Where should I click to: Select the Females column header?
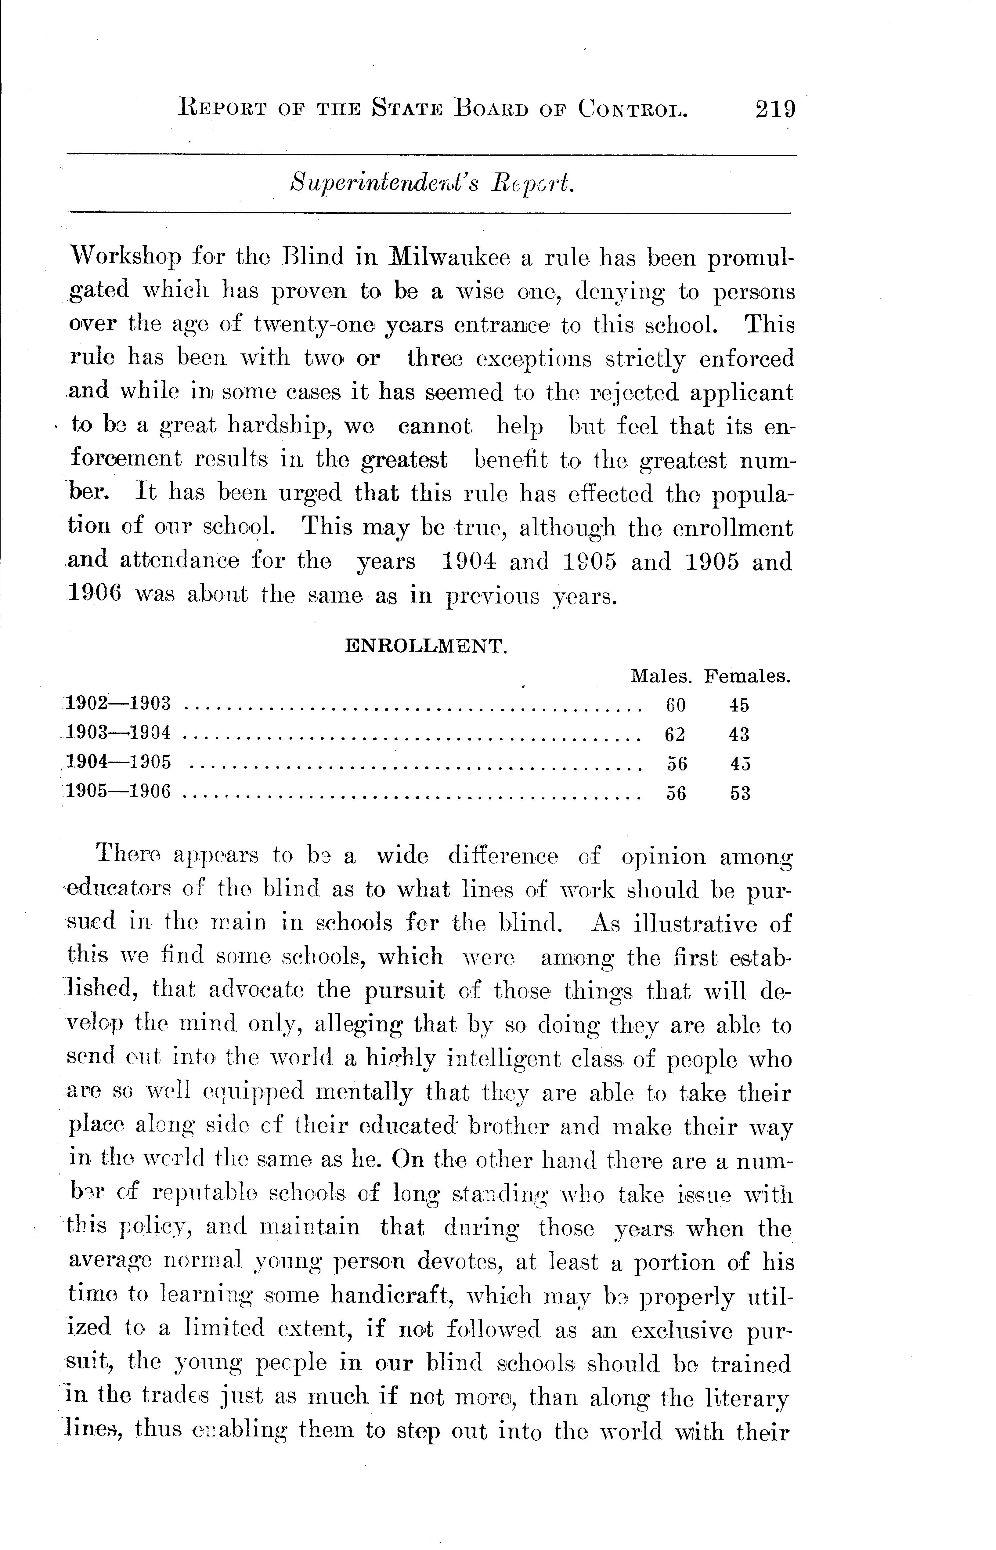click(748, 677)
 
